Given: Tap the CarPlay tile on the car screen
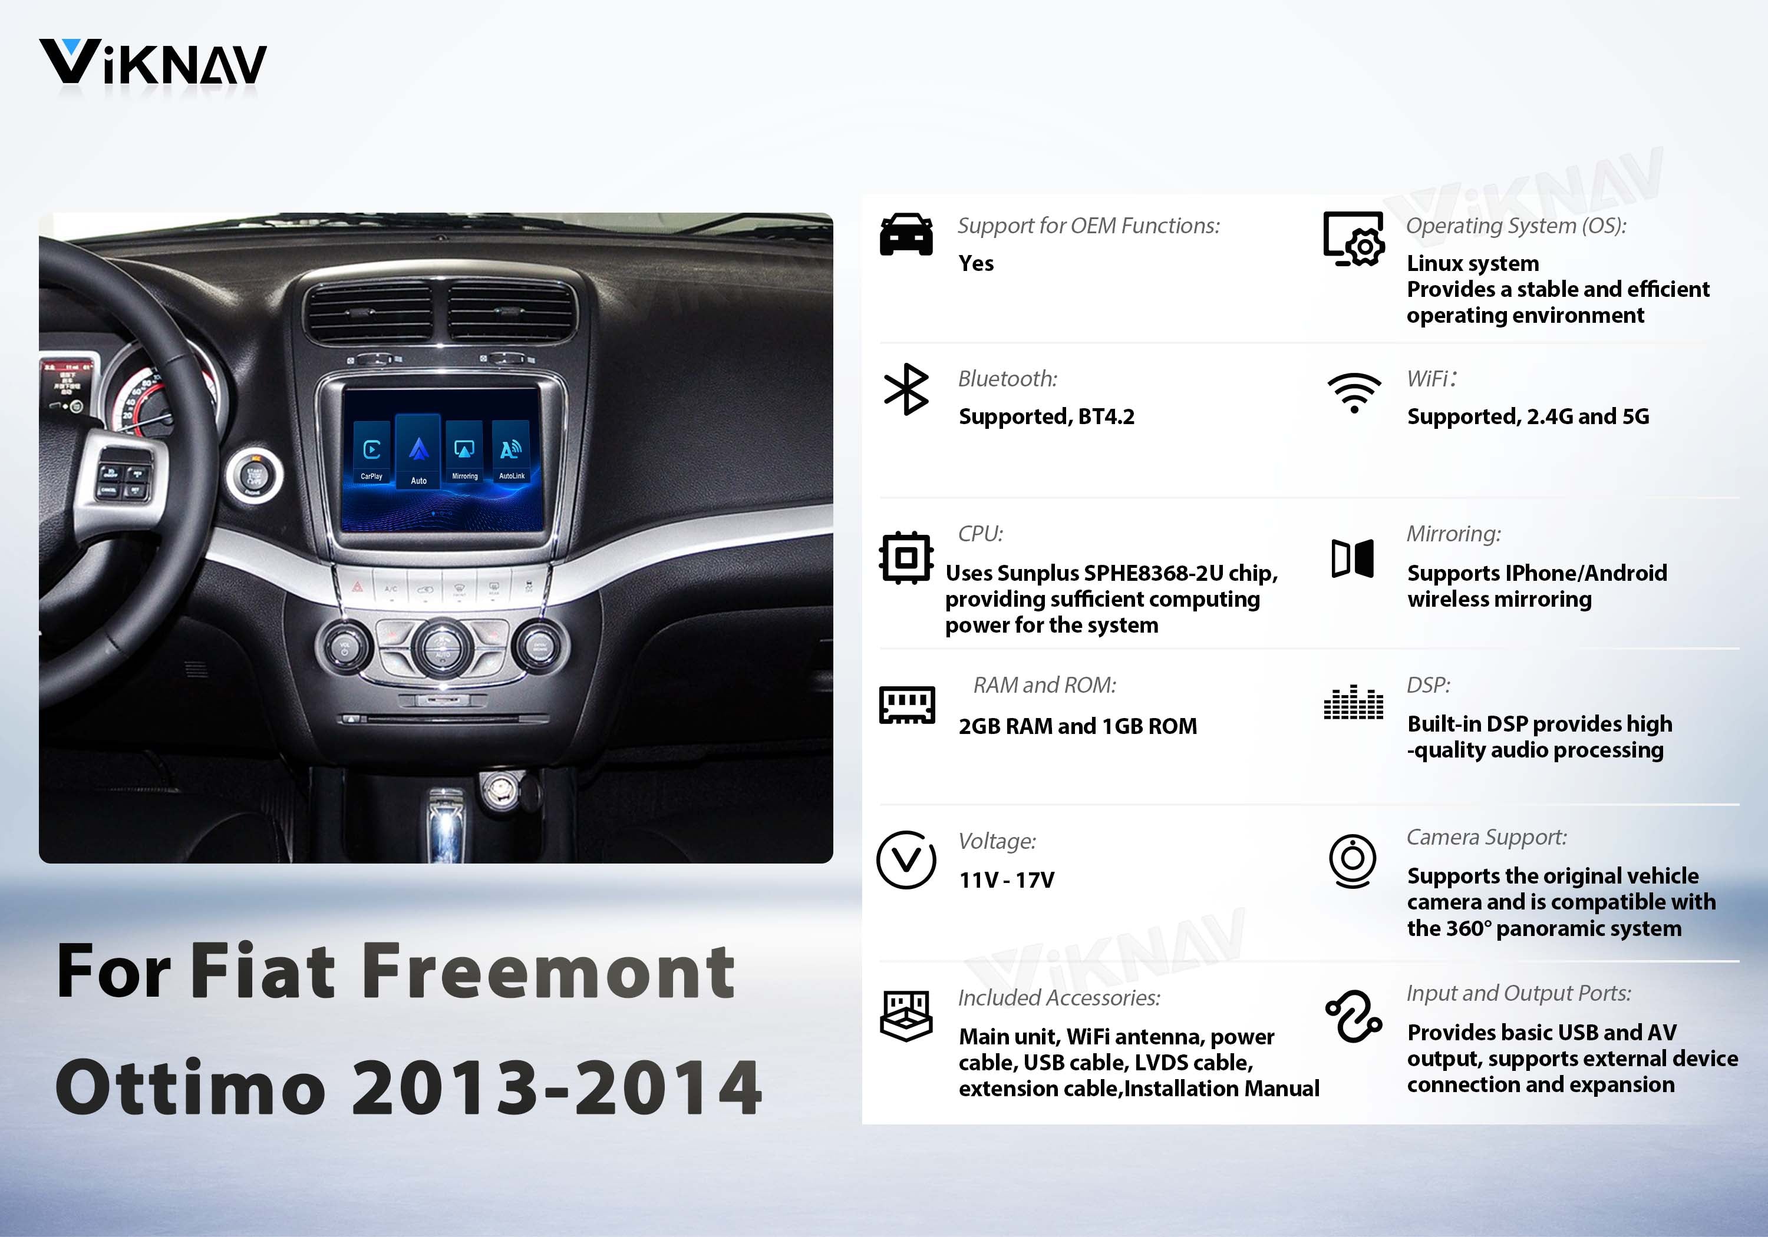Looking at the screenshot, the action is [x=371, y=454].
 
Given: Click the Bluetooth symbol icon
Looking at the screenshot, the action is [x=906, y=389].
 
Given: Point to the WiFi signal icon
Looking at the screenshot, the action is [x=1354, y=392].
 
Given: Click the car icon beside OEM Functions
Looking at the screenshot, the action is [x=906, y=235].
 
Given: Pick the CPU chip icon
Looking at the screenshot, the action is [x=906, y=558].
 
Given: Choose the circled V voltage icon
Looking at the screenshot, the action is [x=906, y=860].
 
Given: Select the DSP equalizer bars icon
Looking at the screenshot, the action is [x=1353, y=702].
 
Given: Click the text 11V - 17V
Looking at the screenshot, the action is [x=1007, y=880].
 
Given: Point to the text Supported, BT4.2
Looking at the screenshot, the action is [x=1047, y=416].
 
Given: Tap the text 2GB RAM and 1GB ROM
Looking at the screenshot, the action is [x=1077, y=726].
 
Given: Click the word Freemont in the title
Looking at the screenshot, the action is [x=547, y=971].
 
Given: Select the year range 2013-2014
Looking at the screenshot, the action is [x=557, y=1087].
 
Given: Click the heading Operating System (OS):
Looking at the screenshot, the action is [x=1516, y=226].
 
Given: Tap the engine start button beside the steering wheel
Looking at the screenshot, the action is [x=253, y=475].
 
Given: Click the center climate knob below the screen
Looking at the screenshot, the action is [x=442, y=647].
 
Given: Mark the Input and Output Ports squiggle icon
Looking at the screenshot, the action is [x=1353, y=1017].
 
